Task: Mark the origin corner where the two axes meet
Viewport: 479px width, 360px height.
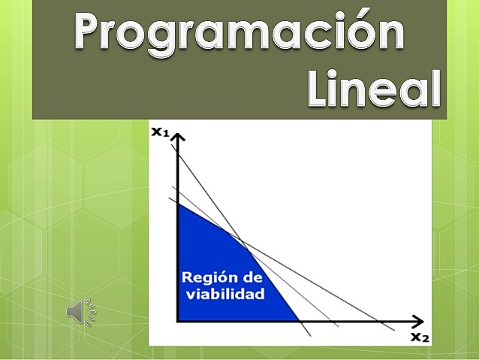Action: (178, 321)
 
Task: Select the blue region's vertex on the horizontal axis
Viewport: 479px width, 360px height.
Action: (300, 321)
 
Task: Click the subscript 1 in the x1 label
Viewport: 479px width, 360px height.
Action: (166, 135)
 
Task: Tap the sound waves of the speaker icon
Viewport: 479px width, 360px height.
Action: (91, 311)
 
